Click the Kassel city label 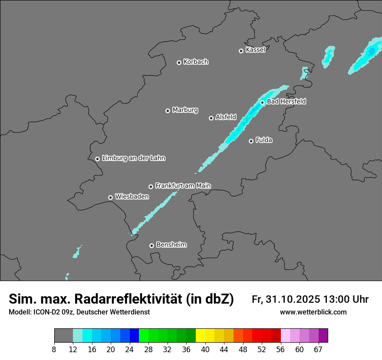(255, 50)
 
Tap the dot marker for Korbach (179, 62)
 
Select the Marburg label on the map (185, 110)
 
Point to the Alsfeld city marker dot (211, 118)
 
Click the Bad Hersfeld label (286, 101)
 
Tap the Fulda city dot (251, 141)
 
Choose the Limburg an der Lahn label (133, 158)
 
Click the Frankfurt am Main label (183, 186)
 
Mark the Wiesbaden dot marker (111, 197)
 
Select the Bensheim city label (171, 245)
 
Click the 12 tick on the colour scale (73, 350)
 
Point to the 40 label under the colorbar (205, 350)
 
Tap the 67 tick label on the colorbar (318, 350)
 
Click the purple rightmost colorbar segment (323, 336)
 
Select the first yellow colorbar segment (200, 336)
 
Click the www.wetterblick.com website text (313, 312)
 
